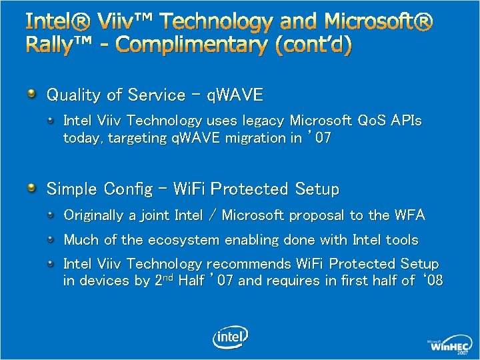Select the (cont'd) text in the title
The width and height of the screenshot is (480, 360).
pyautogui.click(x=313, y=45)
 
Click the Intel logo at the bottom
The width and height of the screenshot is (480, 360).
pyautogui.click(x=230, y=337)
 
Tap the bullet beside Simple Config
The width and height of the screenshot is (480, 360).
pyautogui.click(x=31, y=188)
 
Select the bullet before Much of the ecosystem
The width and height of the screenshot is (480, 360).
pyautogui.click(x=52, y=239)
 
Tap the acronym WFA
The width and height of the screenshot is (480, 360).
pyautogui.click(x=409, y=215)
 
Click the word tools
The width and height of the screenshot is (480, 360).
pyautogui.click(x=402, y=239)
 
